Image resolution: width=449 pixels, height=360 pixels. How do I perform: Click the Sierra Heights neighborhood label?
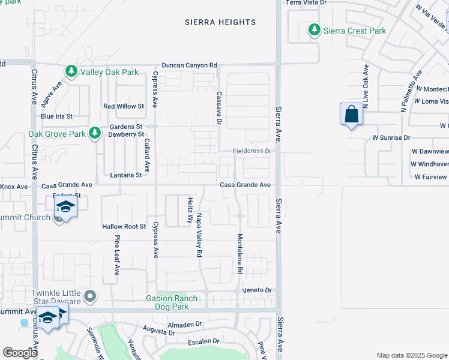click(x=220, y=22)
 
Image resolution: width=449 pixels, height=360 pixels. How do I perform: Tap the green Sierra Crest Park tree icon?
click(x=313, y=30)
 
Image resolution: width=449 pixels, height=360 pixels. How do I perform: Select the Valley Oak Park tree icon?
click(x=71, y=72)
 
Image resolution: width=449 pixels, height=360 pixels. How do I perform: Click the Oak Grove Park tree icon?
click(x=94, y=133)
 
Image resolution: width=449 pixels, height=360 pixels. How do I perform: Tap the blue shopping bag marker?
click(x=351, y=114)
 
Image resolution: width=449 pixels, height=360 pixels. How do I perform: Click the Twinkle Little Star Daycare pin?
click(x=90, y=295)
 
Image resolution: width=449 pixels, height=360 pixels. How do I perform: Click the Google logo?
click(x=20, y=353)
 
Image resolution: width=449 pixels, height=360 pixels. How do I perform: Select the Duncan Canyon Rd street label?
click(x=189, y=65)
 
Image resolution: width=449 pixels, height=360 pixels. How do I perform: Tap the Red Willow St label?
click(x=124, y=106)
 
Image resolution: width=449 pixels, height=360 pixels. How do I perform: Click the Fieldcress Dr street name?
click(x=253, y=151)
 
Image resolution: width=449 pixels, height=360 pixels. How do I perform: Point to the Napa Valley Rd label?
click(x=198, y=233)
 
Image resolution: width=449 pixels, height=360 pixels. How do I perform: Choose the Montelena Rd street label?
click(x=239, y=253)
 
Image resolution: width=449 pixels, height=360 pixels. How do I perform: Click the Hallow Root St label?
click(x=124, y=226)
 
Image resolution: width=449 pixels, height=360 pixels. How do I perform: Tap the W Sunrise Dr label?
click(x=391, y=137)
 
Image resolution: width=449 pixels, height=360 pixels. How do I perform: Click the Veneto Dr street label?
click(x=258, y=290)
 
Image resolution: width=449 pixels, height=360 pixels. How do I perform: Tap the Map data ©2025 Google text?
click(x=411, y=355)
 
